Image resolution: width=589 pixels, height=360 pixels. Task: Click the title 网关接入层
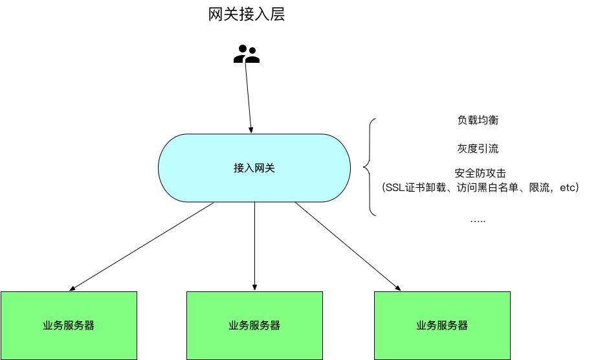(243, 14)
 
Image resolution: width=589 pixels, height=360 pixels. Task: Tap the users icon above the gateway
(246, 54)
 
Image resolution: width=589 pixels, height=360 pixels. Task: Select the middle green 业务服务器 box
(254, 325)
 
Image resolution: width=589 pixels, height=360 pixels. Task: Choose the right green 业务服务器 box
(442, 325)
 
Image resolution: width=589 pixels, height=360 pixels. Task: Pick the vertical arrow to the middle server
(254, 246)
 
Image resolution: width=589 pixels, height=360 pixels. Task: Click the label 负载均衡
(477, 120)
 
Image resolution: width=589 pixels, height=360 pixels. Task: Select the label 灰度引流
(477, 148)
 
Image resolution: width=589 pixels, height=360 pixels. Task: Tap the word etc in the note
(567, 188)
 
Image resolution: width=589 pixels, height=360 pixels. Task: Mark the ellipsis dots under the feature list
(478, 220)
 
